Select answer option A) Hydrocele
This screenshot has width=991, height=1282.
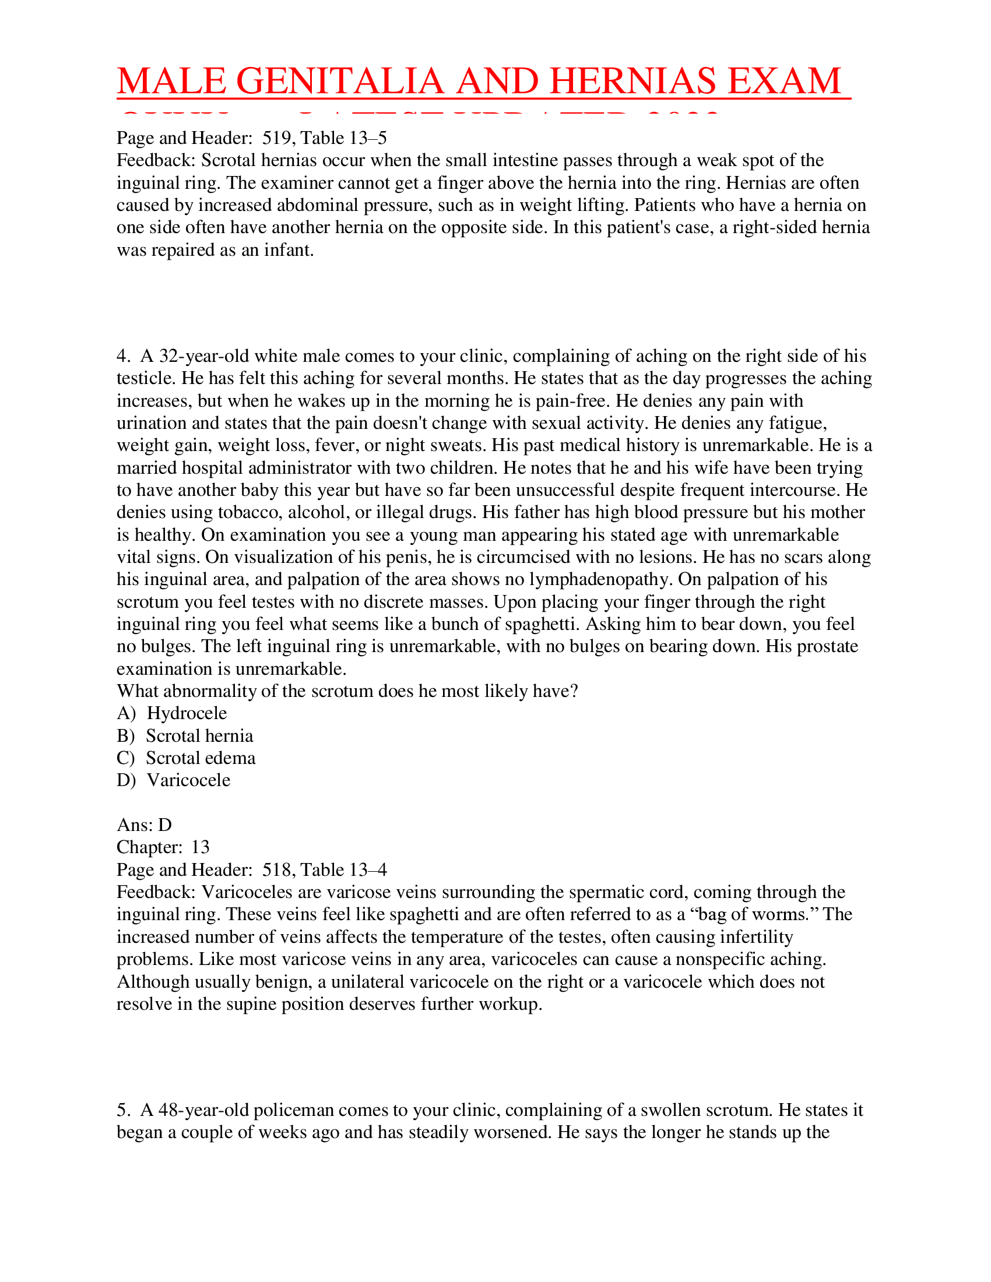(171, 713)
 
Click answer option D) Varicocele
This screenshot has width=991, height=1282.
(173, 780)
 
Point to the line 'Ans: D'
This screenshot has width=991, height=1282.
(144, 825)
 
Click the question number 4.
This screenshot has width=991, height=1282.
(122, 356)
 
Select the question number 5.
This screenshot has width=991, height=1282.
(122, 1110)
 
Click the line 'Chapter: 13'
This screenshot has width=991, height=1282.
(163, 847)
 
